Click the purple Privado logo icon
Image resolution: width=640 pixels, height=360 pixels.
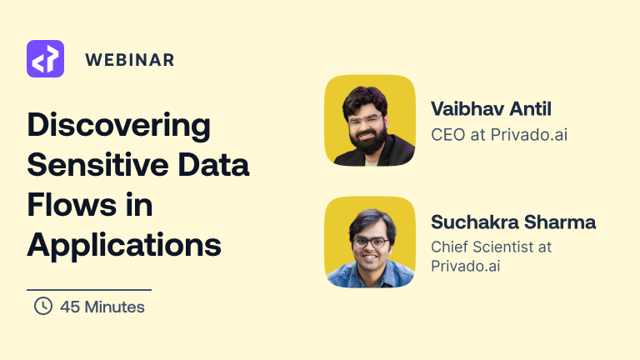pos(45,59)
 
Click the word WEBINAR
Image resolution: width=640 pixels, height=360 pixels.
pos(129,60)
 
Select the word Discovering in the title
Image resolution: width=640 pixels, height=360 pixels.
pos(119,127)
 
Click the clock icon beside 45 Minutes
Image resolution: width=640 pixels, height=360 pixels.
pos(42,307)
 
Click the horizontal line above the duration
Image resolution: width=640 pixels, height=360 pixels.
pos(89,289)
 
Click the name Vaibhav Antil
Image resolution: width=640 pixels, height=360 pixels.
pos(492,108)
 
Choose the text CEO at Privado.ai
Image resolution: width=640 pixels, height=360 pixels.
pos(499,134)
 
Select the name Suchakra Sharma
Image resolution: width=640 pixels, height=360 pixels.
pos(513,222)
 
